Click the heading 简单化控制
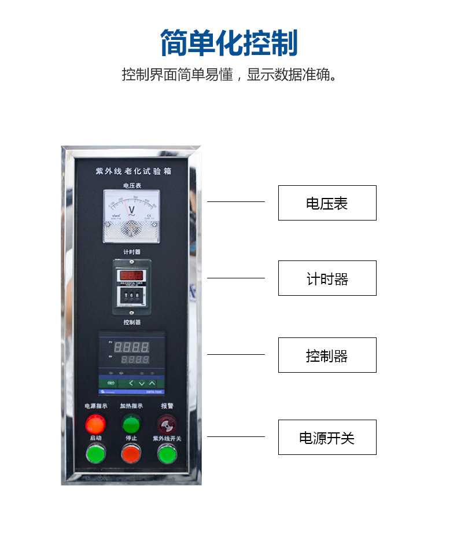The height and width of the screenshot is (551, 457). [228, 43]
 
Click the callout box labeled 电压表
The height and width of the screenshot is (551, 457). [327, 203]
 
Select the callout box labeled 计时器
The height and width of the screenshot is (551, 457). [327, 278]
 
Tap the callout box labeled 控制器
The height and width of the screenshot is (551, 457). [327, 355]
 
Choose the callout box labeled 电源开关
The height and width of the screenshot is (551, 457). [327, 438]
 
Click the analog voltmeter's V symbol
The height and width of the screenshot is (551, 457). [131, 210]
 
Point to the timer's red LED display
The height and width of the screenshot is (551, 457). [131, 275]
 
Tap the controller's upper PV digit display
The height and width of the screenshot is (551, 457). [131, 347]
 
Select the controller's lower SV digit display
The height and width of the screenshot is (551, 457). [134, 359]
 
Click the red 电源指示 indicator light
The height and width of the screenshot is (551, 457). [95, 425]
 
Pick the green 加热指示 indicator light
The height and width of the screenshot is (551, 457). [131, 424]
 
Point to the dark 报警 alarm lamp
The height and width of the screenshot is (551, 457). [167, 425]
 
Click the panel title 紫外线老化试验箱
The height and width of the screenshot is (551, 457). [133, 172]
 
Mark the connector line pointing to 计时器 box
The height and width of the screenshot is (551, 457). [235, 278]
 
